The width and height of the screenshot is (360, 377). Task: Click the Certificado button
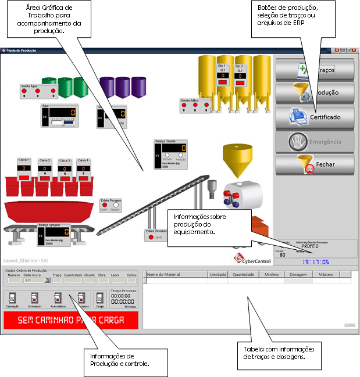315,117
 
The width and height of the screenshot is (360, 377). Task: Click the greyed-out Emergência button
315,141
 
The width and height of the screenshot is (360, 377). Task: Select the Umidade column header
218,275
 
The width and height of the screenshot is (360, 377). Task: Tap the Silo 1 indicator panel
222,76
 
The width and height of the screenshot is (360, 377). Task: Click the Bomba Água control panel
38,91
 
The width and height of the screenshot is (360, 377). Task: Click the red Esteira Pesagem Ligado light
105,205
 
